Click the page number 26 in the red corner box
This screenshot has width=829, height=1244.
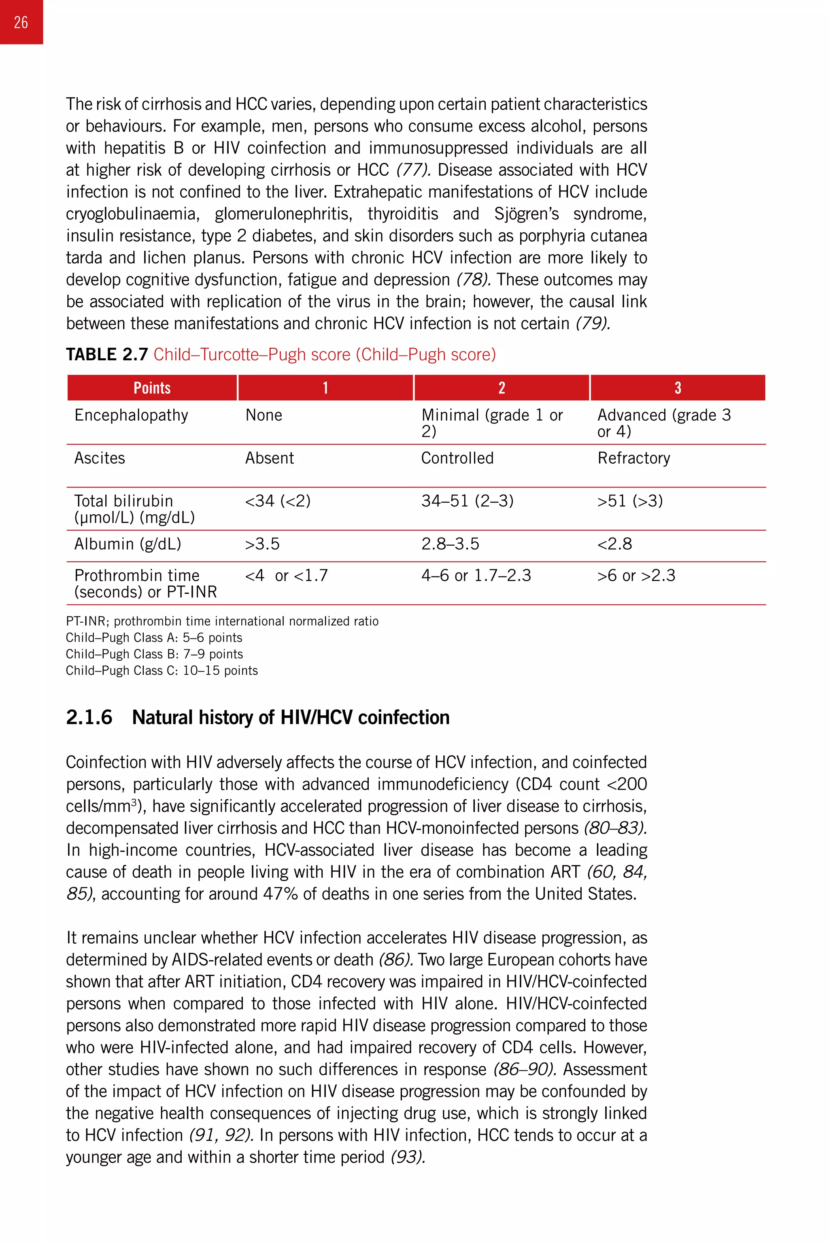(21, 22)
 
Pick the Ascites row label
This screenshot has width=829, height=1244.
(100, 458)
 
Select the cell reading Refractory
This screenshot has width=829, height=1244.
(633, 458)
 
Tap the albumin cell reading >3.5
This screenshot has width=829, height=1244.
(262, 544)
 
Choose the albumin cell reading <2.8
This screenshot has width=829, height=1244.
(614, 544)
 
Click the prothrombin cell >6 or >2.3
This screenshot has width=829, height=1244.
(636, 575)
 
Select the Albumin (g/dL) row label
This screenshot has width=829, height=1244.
(128, 544)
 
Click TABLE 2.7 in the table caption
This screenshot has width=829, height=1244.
(106, 354)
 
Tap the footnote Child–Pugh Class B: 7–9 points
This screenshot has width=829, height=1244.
(154, 654)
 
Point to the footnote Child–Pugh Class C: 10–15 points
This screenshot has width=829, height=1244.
(161, 670)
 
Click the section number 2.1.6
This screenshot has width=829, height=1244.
(89, 717)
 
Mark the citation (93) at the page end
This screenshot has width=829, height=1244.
(408, 1157)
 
